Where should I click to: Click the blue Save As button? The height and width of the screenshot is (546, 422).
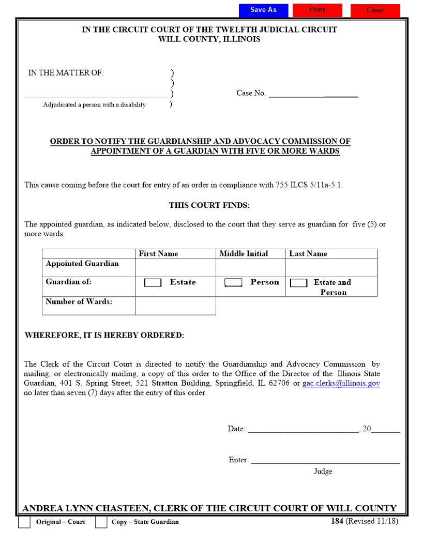[x=263, y=10]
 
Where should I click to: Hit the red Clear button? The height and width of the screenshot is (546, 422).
[x=375, y=10]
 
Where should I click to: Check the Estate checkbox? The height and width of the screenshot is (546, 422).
[x=153, y=283]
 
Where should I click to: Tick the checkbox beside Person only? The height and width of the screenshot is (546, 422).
[x=233, y=283]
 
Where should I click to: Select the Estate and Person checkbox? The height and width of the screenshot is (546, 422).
[x=299, y=283]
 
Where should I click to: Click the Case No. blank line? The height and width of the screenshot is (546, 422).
[x=313, y=94]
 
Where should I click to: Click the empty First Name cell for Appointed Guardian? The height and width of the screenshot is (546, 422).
[x=175, y=268]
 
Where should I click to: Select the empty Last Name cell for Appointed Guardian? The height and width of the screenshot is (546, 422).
[x=331, y=268]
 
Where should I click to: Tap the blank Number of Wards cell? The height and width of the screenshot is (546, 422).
[x=175, y=306]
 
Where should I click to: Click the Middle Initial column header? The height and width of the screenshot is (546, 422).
[x=244, y=254]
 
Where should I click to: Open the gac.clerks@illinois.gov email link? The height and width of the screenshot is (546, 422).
[x=341, y=384]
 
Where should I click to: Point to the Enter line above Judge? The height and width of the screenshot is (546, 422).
[x=325, y=460]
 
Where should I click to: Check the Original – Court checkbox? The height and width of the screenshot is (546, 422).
[x=24, y=522]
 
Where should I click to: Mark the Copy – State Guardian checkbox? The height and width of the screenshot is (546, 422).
[x=101, y=522]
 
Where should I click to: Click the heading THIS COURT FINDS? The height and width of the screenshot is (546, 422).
[x=209, y=205]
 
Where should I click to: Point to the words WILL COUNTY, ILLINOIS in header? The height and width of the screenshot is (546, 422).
[x=209, y=39]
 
